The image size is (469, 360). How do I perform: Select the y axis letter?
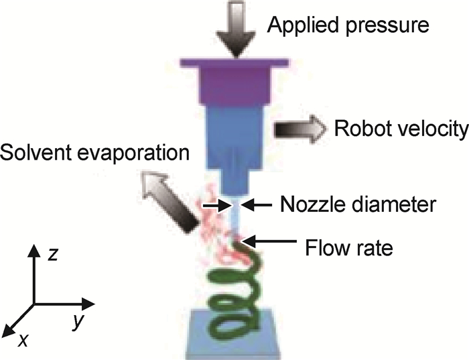pos(78,322)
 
